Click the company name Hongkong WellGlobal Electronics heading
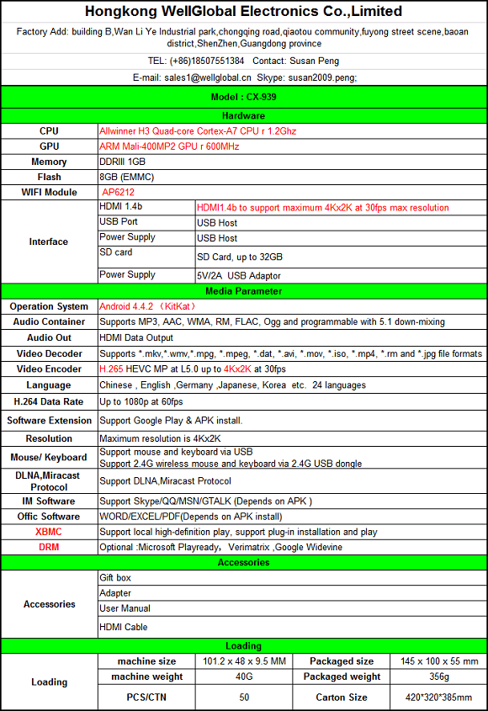[x=244, y=12]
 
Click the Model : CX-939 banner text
[x=243, y=97]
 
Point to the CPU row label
[x=49, y=131]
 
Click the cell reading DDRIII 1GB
[x=123, y=162]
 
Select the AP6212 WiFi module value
[x=117, y=192]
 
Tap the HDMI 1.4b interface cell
[x=121, y=207]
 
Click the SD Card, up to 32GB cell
[x=240, y=257]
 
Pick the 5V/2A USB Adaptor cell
[x=239, y=276]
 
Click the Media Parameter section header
[x=243, y=291]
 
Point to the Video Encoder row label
[x=49, y=369]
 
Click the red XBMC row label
[x=49, y=532]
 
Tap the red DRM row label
[x=49, y=547]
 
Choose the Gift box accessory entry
[x=115, y=578]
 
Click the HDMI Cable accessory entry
[x=123, y=627]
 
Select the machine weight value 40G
[x=244, y=677]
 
